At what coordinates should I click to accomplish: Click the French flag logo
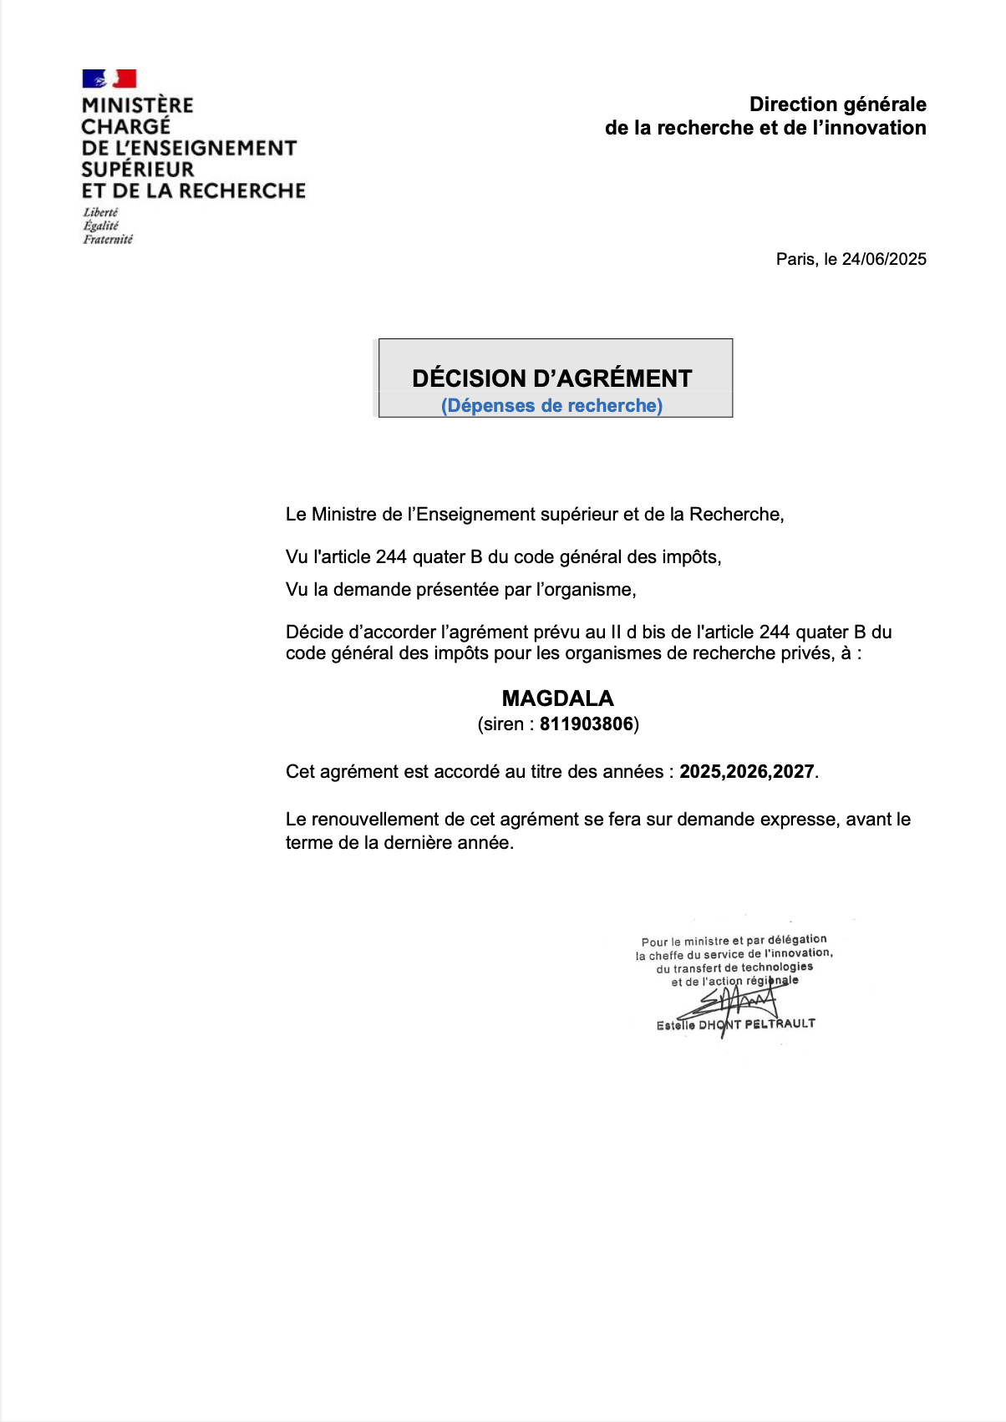(109, 79)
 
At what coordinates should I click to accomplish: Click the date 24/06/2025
(884, 259)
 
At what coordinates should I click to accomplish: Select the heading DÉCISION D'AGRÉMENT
(551, 378)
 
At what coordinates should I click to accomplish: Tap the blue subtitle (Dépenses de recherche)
(551, 406)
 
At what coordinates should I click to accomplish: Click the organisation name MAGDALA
(557, 698)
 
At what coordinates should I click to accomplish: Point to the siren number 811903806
(587, 724)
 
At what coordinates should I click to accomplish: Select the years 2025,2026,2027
(746, 772)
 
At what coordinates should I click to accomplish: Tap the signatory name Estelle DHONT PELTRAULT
(735, 1024)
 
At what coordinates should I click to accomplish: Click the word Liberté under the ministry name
(100, 212)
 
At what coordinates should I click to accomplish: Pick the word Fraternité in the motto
(107, 240)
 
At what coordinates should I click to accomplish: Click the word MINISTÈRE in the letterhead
(137, 105)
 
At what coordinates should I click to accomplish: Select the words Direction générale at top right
(837, 104)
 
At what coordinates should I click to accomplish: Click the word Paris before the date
(795, 259)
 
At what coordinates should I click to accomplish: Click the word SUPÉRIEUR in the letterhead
(137, 170)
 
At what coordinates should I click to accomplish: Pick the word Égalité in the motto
(100, 226)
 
